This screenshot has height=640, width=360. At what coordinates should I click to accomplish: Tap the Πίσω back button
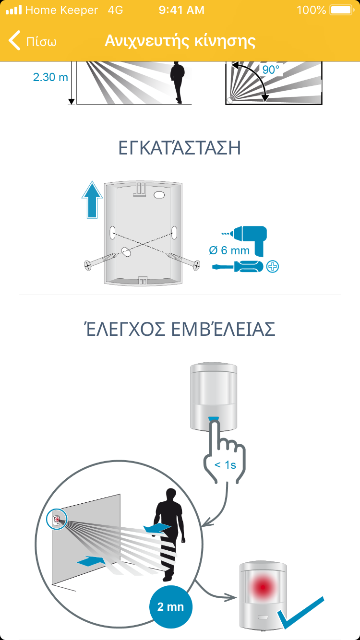[x=32, y=41]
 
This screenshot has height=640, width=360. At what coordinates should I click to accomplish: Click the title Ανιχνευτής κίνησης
[x=180, y=41]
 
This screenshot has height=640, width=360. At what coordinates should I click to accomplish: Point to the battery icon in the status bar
[x=341, y=10]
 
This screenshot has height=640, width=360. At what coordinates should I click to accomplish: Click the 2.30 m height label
[x=50, y=77]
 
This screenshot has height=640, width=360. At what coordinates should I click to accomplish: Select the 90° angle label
[x=271, y=70]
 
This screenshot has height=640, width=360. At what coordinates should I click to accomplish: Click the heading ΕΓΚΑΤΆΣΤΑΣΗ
[x=180, y=147]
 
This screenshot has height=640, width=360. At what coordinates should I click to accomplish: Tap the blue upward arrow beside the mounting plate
[x=92, y=200]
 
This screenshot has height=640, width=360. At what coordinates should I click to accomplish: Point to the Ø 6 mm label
[x=229, y=250]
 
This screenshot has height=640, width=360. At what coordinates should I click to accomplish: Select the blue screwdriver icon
[x=238, y=267]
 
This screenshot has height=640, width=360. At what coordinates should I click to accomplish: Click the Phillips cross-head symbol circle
[x=273, y=267]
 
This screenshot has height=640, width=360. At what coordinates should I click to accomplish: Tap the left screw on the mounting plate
[x=101, y=261]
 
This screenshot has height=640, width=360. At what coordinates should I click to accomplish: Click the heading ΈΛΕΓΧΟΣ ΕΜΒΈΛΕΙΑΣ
[x=180, y=329]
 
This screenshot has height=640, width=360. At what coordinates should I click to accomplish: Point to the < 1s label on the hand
[x=225, y=465]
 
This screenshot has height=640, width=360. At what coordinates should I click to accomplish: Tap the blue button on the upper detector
[x=214, y=418]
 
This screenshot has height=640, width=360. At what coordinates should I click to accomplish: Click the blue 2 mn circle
[x=171, y=606]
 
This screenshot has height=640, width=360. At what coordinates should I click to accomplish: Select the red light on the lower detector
[x=263, y=587]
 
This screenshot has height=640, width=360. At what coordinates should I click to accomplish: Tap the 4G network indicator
[x=116, y=10]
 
